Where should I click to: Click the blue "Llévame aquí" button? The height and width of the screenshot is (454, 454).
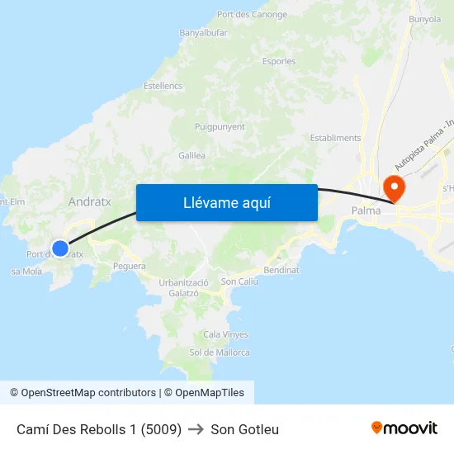tap(226, 202)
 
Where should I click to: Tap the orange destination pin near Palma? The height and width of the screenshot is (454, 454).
tap(395, 187)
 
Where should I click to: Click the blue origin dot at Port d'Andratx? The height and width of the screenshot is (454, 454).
tap(60, 248)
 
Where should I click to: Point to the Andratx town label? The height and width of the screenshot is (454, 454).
tap(90, 201)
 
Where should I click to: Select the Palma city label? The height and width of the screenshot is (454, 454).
tap(366, 210)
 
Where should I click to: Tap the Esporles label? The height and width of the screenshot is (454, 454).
tap(278, 61)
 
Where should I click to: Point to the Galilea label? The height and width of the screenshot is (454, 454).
tap(192, 155)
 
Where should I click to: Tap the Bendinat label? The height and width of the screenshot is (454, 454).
tap(281, 270)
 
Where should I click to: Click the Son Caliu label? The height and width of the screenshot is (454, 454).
tap(240, 282)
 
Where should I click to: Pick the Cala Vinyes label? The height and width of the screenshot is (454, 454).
tap(225, 334)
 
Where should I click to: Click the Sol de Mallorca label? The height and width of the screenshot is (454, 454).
tap(220, 352)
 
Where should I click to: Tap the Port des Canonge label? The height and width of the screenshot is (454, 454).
tap(252, 15)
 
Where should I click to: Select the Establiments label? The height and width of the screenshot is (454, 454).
tap(335, 138)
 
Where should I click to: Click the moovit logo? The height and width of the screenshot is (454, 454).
tap(404, 428)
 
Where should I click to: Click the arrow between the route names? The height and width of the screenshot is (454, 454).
tap(196, 429)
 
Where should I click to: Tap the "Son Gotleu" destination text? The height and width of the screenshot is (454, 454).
tap(244, 429)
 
